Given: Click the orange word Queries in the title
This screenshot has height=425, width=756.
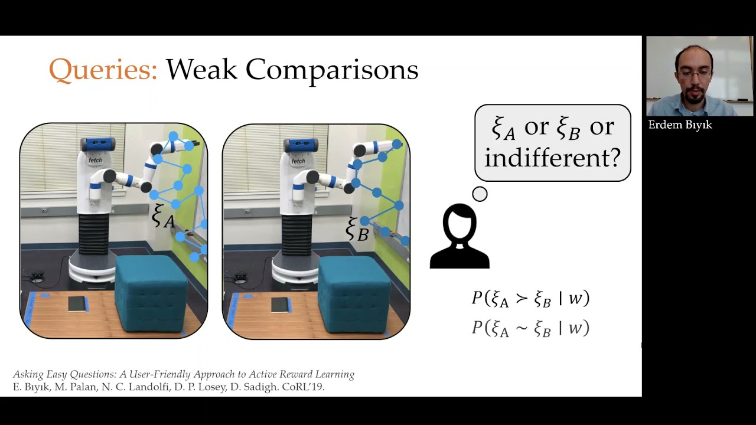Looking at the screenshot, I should tap(103, 70).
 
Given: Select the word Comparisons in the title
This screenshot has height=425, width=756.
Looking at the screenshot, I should tap(332, 70).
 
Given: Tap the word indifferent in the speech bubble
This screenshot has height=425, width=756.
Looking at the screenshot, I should tap(552, 158).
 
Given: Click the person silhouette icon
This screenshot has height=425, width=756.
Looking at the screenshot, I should tap(460, 236).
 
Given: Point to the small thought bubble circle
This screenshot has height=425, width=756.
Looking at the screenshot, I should tap(480, 194).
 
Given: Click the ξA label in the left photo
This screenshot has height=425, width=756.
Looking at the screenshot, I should tap(163, 216).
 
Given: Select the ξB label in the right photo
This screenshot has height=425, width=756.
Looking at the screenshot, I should tap(357, 230).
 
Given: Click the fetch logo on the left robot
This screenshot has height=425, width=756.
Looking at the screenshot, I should tap(95, 160).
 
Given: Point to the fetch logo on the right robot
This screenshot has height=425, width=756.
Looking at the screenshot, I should tap(298, 161).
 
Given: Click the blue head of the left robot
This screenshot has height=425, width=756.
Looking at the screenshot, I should tap(97, 144).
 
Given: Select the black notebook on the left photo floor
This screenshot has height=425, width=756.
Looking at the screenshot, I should tap(78, 303).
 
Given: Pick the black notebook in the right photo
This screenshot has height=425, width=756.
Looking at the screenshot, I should tap(281, 305).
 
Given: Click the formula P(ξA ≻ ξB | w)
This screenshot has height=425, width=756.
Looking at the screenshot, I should tap(530, 299).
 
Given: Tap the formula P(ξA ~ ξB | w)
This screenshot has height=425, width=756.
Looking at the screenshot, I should tap(530, 328).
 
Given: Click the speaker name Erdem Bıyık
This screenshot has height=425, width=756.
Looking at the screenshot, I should tap(680, 125).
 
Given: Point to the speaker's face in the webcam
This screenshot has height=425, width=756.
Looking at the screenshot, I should tap(695, 75).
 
